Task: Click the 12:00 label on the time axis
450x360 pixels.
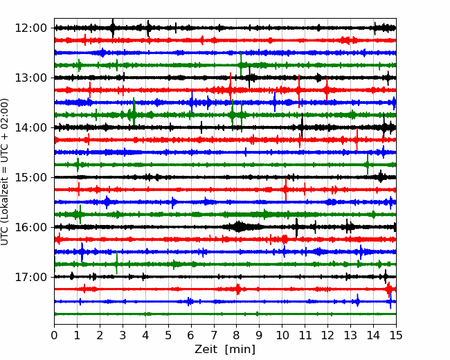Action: coord(31,28)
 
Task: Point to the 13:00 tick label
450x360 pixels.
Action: coord(31,78)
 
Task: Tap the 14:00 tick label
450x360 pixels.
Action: coord(31,127)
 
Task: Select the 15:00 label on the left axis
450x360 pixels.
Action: coord(31,177)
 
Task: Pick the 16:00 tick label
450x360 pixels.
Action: coord(31,227)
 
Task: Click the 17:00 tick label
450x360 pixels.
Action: coord(31,277)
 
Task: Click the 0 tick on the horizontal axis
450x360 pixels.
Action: coord(54,335)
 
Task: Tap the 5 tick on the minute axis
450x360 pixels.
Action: coord(168,335)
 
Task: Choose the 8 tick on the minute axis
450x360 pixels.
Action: coord(237,335)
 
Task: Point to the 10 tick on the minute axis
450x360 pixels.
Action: coord(282,335)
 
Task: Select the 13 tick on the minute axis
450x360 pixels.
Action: coord(350,335)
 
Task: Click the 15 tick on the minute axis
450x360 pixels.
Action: coord(396,335)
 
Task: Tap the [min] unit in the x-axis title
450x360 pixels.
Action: coord(240,350)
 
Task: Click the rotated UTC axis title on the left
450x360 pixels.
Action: coord(5,172)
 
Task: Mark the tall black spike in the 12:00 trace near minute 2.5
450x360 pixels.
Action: coord(113,28)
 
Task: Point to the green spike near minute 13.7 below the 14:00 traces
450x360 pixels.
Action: coord(368,165)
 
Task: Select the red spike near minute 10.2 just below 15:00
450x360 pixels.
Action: coord(286,190)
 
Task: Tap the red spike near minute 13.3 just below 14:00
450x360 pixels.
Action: coord(357,140)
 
